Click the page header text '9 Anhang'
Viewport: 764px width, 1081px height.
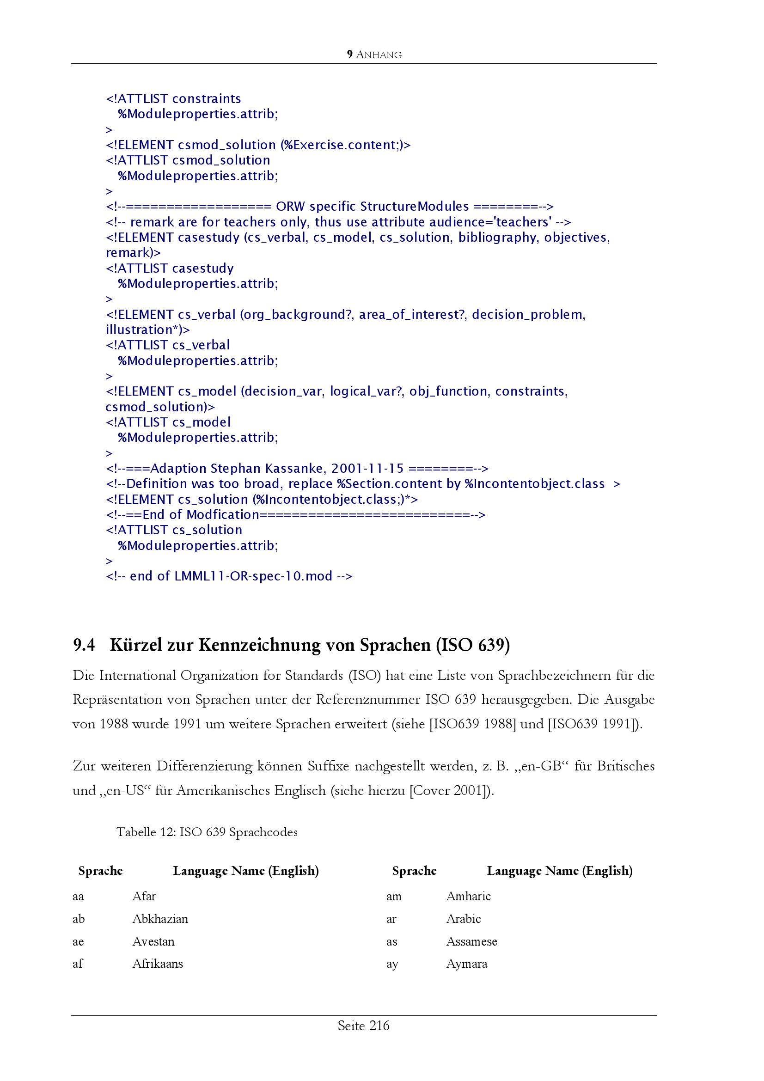(374, 55)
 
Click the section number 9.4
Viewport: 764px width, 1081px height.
(84, 645)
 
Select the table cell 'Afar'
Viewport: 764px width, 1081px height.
(144, 896)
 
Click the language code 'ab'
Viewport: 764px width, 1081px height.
(79, 919)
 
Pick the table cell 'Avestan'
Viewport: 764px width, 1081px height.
(153, 941)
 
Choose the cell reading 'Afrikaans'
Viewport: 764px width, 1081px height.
(157, 964)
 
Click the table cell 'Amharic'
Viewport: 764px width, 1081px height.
(468, 896)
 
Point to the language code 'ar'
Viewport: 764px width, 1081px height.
(391, 919)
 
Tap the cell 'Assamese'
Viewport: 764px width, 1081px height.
(471, 941)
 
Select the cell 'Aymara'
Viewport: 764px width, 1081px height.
(466, 964)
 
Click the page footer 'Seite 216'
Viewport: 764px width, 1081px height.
(363, 1026)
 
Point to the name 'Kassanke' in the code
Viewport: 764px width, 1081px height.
(294, 469)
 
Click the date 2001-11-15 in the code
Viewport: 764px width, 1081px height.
(367, 469)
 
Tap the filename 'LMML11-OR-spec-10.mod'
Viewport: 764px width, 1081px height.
(253, 576)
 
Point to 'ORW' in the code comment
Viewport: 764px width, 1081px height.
(290, 207)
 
